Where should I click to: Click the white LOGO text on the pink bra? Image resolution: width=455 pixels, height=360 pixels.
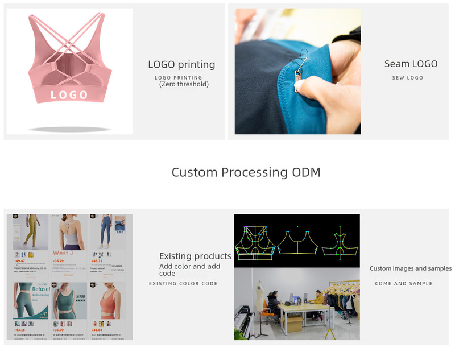[x=69, y=94]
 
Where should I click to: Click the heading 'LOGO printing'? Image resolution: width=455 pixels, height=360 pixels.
[x=181, y=64]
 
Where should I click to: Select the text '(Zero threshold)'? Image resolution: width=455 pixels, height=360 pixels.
[x=184, y=84]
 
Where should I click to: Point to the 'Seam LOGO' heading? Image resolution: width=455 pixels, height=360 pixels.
[x=411, y=64]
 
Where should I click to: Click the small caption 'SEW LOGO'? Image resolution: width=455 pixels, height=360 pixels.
[x=408, y=78]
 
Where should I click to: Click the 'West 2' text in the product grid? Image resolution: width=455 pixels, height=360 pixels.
[x=63, y=253]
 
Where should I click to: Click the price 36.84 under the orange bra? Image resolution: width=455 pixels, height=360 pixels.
[x=97, y=329]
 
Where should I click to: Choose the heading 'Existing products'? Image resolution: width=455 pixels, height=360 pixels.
[x=195, y=256]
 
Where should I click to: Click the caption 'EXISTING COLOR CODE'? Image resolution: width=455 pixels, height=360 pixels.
[x=183, y=283]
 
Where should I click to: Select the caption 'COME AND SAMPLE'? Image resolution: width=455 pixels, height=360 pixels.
[x=403, y=283]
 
